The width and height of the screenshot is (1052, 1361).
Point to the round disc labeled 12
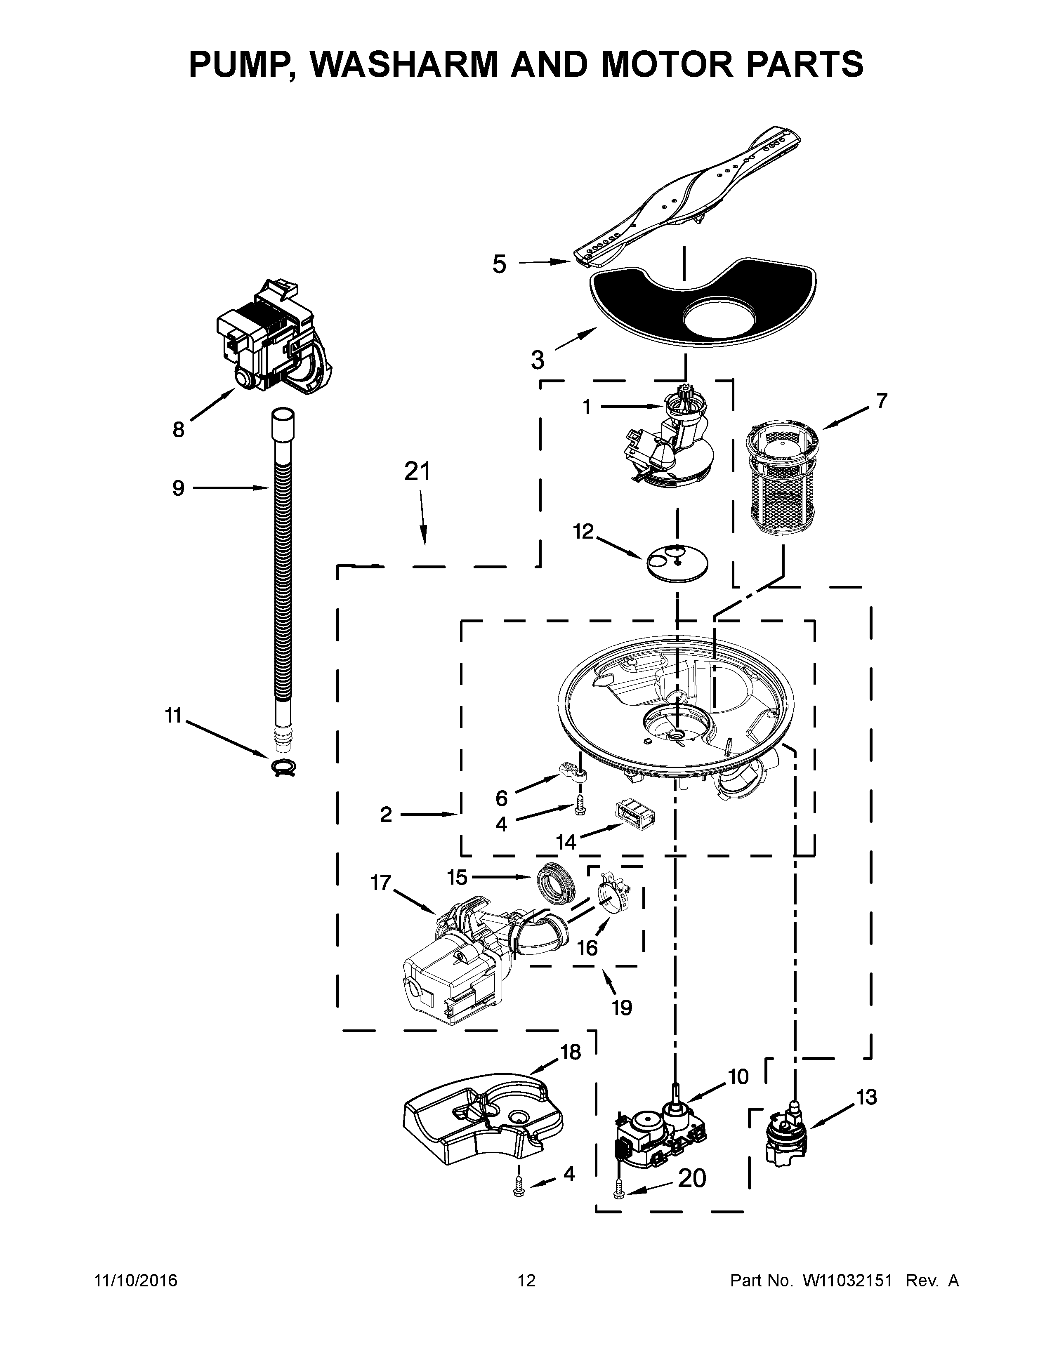click(x=677, y=562)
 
